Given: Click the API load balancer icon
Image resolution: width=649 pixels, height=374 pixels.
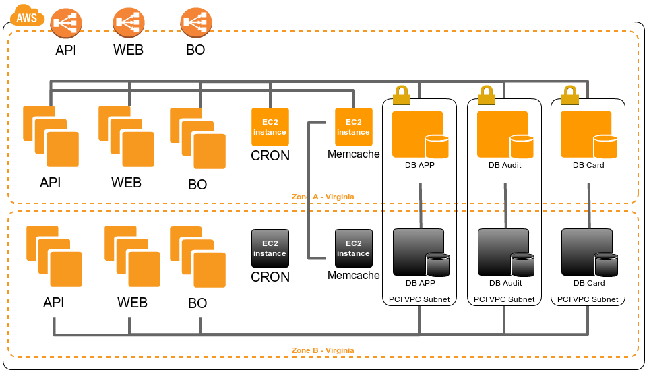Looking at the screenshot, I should click(65, 24).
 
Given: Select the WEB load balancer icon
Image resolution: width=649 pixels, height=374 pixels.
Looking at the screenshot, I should click(128, 24).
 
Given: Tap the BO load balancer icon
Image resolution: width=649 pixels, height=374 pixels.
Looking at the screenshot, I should click(196, 24).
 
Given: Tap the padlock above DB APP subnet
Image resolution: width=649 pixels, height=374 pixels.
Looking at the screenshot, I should click(402, 96).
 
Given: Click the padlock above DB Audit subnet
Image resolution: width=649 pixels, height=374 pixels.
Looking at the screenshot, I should click(486, 96).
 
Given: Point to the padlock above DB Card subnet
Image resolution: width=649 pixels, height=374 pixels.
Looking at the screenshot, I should click(570, 96).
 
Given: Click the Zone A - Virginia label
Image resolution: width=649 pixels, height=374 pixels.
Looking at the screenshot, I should click(323, 197).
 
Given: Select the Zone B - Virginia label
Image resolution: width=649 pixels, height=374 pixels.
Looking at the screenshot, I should click(323, 350).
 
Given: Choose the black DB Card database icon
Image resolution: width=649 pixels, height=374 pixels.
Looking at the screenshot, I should click(589, 253).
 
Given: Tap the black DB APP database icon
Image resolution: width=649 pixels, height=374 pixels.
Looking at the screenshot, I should click(421, 253).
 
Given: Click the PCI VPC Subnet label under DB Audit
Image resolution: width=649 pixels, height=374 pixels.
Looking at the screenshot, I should click(504, 299).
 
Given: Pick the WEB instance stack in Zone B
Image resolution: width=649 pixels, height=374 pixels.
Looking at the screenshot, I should click(132, 257).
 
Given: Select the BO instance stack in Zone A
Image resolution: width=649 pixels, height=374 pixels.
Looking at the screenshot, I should click(197, 138).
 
